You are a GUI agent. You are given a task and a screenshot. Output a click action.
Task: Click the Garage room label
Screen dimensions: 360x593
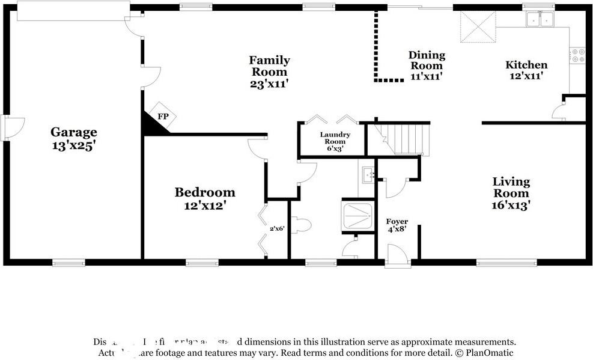pos(73,138)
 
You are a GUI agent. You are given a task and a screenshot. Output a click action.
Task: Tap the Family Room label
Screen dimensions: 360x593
pos(269,72)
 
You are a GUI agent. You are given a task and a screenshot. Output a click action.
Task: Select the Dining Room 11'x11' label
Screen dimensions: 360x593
pos(427,66)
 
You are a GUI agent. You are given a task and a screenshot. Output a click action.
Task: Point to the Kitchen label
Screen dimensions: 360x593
pos(526,70)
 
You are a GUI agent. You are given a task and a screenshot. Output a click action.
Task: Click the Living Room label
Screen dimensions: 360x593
pos(511,192)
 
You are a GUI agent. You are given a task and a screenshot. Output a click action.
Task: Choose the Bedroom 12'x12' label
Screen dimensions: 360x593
pos(204,198)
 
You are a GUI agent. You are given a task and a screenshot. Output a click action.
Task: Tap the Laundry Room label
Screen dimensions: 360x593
pos(335,142)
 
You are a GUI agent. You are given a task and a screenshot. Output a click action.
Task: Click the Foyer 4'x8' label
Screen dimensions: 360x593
pos(397,225)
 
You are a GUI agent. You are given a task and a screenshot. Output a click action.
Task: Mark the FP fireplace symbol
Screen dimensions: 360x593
pos(162,116)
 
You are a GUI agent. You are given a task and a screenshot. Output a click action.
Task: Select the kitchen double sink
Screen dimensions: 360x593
pos(539,19)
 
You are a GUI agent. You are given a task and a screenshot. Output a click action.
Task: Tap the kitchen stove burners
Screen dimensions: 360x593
pos(577,56)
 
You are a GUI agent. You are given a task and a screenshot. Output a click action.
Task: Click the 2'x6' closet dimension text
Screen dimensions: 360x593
pos(276,228)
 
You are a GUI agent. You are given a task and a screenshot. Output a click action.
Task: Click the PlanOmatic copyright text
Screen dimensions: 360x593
pos(484,353)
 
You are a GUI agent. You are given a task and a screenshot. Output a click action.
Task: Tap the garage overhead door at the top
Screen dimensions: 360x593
pos(73,11)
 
